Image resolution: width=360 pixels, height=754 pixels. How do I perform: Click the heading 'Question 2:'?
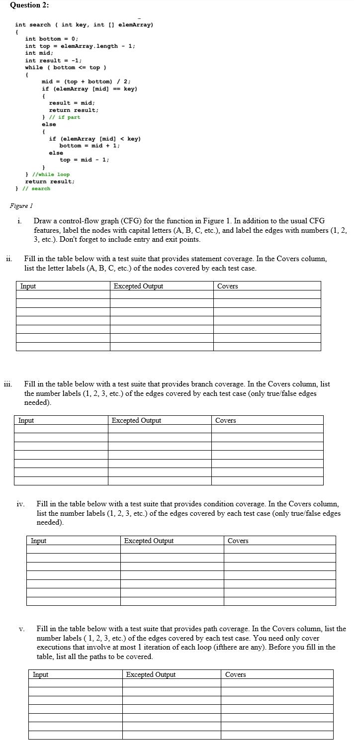(29, 5)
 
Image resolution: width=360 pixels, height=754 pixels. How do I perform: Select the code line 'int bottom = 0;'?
(52, 39)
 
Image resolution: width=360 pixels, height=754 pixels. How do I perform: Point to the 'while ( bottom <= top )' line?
(66, 67)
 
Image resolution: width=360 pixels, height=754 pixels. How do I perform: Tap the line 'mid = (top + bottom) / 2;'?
(86, 82)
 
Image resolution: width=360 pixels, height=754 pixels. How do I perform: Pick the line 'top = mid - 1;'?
(85, 160)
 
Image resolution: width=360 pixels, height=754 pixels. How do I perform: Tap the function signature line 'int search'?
(84, 25)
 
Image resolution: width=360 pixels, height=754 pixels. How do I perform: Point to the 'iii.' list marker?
(8, 384)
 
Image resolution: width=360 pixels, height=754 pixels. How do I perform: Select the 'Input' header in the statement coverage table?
(28, 286)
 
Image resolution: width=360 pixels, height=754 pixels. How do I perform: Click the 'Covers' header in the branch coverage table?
(225, 421)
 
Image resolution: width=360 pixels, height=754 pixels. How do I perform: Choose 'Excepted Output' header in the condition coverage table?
(149, 541)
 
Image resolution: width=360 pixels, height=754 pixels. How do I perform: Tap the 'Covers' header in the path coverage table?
(235, 675)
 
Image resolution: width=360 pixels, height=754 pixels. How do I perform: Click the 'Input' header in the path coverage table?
(40, 675)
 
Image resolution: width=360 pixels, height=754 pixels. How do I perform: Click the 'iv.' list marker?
(20, 504)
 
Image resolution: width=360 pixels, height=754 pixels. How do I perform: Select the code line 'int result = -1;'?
(53, 60)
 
